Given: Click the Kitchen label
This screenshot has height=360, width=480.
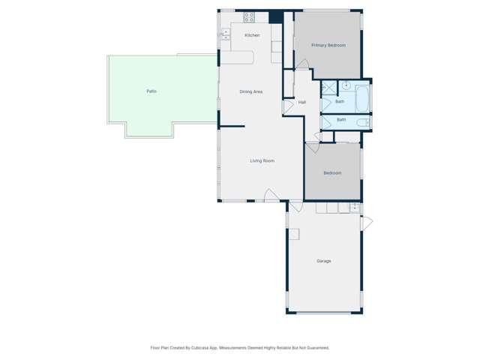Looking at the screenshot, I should point(252,35).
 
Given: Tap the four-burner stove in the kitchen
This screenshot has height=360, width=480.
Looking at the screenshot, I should point(249,16).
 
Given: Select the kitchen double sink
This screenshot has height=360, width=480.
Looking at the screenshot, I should point(225,34).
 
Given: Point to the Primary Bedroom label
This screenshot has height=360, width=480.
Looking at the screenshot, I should point(328,45).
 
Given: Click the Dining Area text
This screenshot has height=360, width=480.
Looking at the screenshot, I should point(250,91).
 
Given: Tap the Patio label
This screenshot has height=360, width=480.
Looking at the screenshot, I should point(151,91).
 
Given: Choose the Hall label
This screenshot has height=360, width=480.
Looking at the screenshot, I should point(301,102).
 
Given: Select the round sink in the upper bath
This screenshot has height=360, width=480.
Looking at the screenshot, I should point(346,86).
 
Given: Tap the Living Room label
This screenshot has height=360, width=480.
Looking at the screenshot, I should point(262,160).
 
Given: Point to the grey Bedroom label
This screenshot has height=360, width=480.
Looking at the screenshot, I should point(332,173).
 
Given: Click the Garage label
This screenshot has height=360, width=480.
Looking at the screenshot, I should point(323,261).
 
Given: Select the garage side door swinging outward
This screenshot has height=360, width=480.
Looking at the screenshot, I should point(367,223).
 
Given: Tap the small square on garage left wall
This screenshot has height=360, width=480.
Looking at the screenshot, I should point(294,234).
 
